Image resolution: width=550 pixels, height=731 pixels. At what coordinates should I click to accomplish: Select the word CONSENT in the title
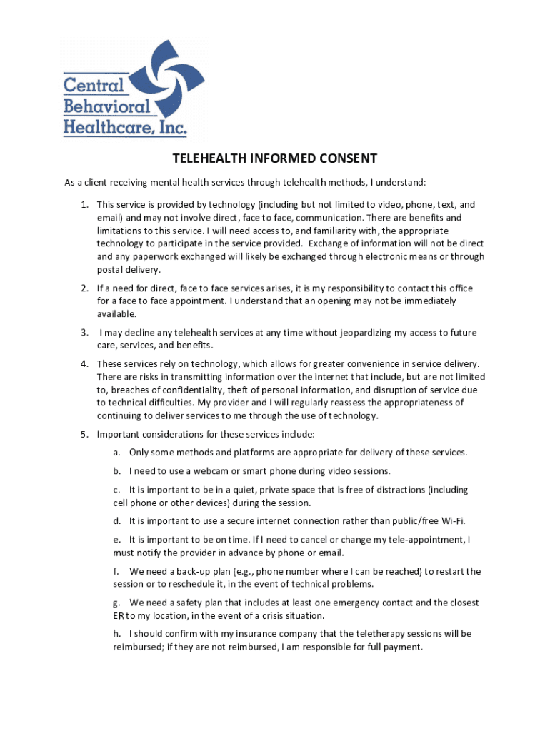click(346, 158)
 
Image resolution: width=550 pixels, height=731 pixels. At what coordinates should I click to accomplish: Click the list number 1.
click(84, 205)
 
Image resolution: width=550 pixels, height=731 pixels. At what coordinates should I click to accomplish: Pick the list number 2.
click(84, 288)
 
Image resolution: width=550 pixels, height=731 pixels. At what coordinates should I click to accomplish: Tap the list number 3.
click(84, 333)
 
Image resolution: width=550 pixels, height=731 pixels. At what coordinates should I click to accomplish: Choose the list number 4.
click(84, 364)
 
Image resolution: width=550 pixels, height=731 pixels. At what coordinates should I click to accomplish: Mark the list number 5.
click(84, 434)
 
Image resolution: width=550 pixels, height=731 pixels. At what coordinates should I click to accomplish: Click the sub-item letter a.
click(116, 453)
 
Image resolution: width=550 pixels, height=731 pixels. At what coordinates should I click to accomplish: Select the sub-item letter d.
click(116, 521)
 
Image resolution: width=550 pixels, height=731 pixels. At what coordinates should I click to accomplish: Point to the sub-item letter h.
click(116, 634)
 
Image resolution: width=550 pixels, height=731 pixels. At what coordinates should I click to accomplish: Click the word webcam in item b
click(219, 471)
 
